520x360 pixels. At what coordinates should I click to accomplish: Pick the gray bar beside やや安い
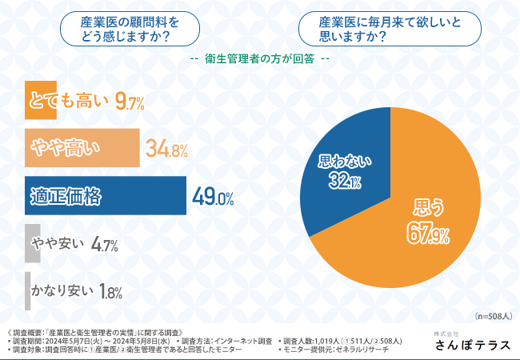click(32, 244)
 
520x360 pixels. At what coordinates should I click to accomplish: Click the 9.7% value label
click(130, 102)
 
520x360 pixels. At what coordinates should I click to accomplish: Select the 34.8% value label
click(166, 149)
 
